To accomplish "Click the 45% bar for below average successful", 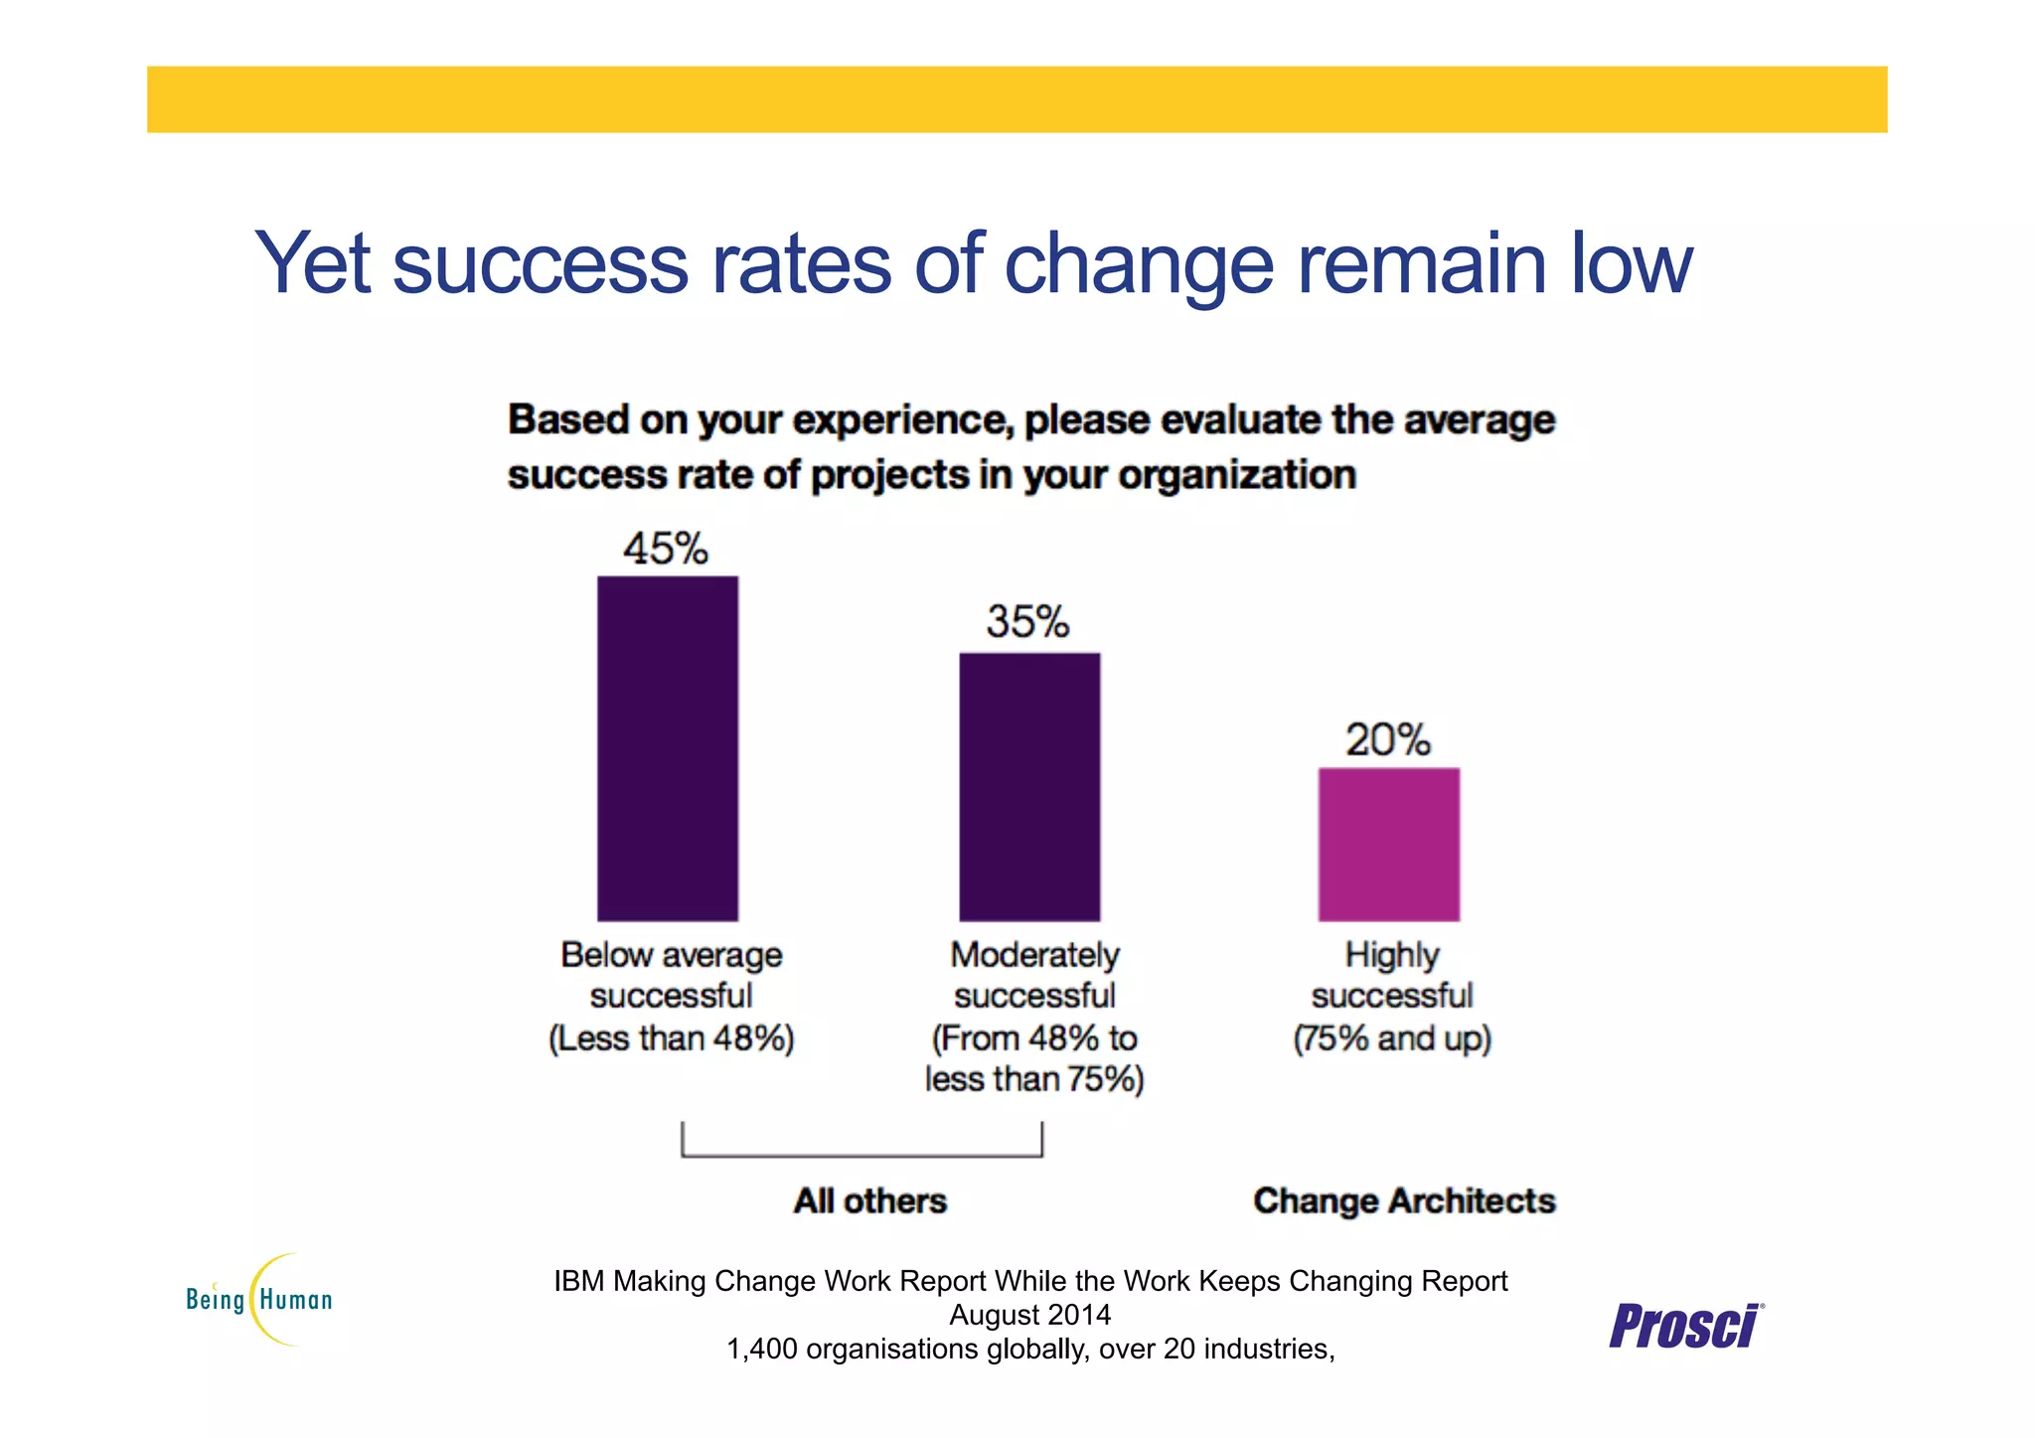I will [x=667, y=747].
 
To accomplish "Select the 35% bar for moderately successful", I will [x=1028, y=786].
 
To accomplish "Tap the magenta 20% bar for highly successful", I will [x=1388, y=844].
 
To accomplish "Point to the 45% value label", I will [x=665, y=549].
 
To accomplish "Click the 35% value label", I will [x=1027, y=622].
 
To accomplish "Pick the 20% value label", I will [x=1387, y=739].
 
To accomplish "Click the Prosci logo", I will [x=1685, y=1326].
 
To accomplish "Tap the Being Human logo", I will [x=260, y=1299].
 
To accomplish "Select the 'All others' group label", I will [x=869, y=1200].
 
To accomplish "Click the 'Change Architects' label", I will [x=1403, y=1200].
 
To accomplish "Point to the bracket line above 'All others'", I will [x=861, y=1155].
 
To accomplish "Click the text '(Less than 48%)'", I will [x=671, y=1039].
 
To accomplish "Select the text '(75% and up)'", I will [x=1391, y=1039].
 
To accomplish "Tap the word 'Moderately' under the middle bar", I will [x=1034, y=955].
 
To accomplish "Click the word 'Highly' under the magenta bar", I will [x=1391, y=955].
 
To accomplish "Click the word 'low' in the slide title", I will [x=1631, y=263].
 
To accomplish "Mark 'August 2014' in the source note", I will [x=1029, y=1315].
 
